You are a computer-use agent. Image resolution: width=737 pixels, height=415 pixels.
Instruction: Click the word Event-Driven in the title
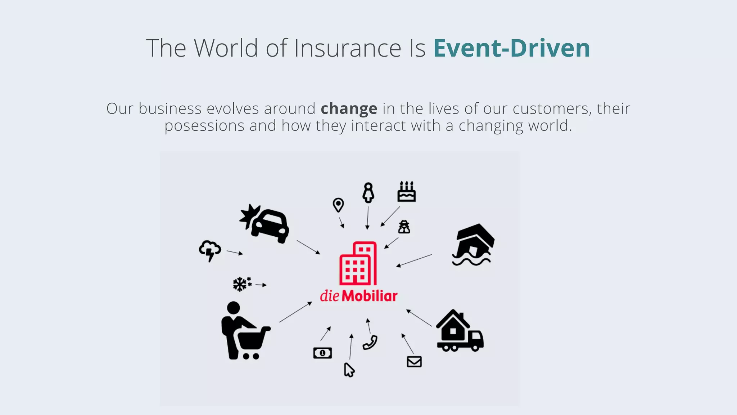pos(511,48)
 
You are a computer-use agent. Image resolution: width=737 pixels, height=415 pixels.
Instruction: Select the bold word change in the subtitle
pos(349,108)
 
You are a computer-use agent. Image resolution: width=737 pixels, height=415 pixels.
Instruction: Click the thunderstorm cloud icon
pos(210,250)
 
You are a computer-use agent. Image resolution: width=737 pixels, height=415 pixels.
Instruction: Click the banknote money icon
pos(322,353)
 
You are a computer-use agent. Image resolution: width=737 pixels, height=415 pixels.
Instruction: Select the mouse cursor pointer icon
pos(349,370)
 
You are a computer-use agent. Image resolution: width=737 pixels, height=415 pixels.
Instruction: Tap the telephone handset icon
pos(370,342)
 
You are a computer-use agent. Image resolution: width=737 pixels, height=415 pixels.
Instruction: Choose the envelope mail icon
pos(414,362)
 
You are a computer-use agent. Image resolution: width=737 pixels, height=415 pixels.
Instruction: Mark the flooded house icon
pos(473,245)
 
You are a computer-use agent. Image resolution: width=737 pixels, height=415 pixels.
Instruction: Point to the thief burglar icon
pos(404,227)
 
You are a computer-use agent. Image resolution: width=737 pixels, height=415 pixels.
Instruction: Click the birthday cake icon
pos(407,192)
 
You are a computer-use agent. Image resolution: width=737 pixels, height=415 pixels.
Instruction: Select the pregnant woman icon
pos(368,193)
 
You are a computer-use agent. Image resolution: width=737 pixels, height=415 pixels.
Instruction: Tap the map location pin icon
pos(338,205)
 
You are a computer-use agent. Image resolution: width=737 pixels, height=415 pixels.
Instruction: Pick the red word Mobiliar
pos(370,296)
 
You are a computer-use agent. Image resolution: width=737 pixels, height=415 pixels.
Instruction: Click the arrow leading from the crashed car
pos(308,247)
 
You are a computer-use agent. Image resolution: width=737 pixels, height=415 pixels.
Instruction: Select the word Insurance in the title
pos(348,48)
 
